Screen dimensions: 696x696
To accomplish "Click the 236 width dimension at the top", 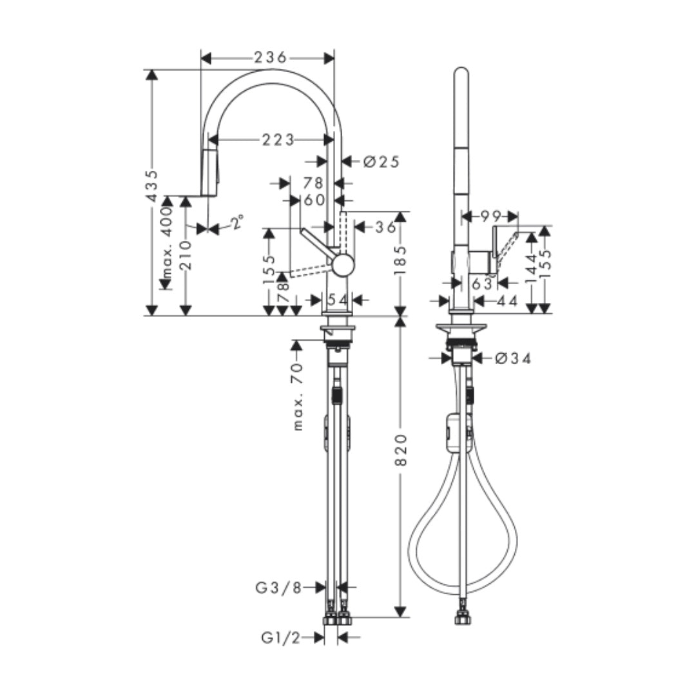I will click(269, 58).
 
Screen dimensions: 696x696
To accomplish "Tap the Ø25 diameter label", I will click(382, 162).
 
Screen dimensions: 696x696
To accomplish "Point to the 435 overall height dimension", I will click(151, 186).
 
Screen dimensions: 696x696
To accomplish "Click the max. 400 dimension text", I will click(167, 243).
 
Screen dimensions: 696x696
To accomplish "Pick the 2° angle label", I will click(238, 222).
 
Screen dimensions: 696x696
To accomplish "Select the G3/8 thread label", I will click(278, 587).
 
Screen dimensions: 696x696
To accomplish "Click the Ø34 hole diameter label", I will click(514, 359).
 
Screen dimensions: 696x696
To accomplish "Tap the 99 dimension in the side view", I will click(490, 216).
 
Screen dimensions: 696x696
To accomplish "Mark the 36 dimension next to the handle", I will click(386, 227).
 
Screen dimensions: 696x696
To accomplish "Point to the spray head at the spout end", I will click(209, 172).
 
